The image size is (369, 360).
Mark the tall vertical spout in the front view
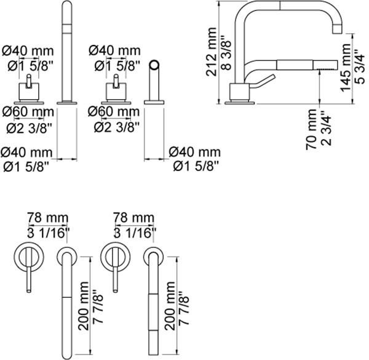point(65,49)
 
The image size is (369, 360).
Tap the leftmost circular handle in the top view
point(28,255)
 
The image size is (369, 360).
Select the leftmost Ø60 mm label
point(27,111)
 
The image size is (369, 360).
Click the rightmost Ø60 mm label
point(114,111)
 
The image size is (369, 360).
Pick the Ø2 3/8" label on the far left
point(27,126)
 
